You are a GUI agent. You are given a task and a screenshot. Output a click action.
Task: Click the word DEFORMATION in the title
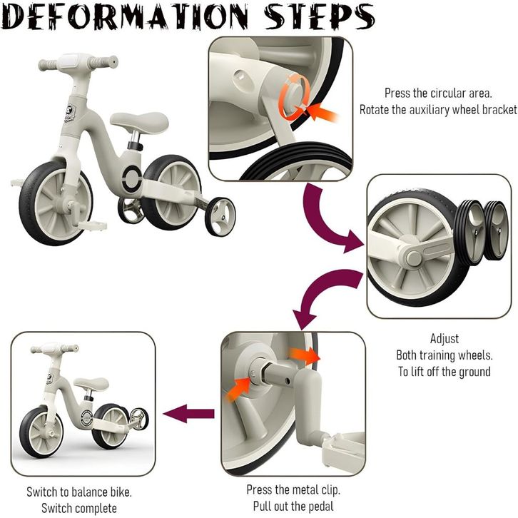pyautogui.click(x=126, y=16)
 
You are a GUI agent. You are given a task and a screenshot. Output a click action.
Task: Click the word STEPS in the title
pyautogui.click(x=319, y=16)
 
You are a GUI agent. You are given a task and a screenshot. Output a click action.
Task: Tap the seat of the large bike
pyautogui.click(x=139, y=121)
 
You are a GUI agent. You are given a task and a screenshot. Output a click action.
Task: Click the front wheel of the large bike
pyautogui.click(x=56, y=203)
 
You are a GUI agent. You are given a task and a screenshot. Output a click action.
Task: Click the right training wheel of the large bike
pyautogui.click(x=220, y=217)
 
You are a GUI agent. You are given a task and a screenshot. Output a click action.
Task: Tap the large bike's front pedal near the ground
pyautogui.click(x=93, y=226)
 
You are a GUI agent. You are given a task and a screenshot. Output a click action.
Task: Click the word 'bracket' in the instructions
pyautogui.click(x=499, y=109)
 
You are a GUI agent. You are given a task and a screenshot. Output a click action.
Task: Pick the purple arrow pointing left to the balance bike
pyautogui.click(x=188, y=414)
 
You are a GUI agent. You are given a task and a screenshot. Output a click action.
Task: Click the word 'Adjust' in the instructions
pyautogui.click(x=445, y=339)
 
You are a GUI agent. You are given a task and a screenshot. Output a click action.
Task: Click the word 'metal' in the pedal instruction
pyautogui.click(x=307, y=489)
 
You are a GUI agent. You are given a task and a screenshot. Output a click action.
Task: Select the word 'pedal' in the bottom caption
pyautogui.click(x=320, y=506)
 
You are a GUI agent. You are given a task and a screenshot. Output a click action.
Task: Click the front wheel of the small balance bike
pyautogui.click(x=41, y=432)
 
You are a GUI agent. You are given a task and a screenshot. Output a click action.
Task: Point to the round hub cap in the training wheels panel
pyautogui.click(x=414, y=259)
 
